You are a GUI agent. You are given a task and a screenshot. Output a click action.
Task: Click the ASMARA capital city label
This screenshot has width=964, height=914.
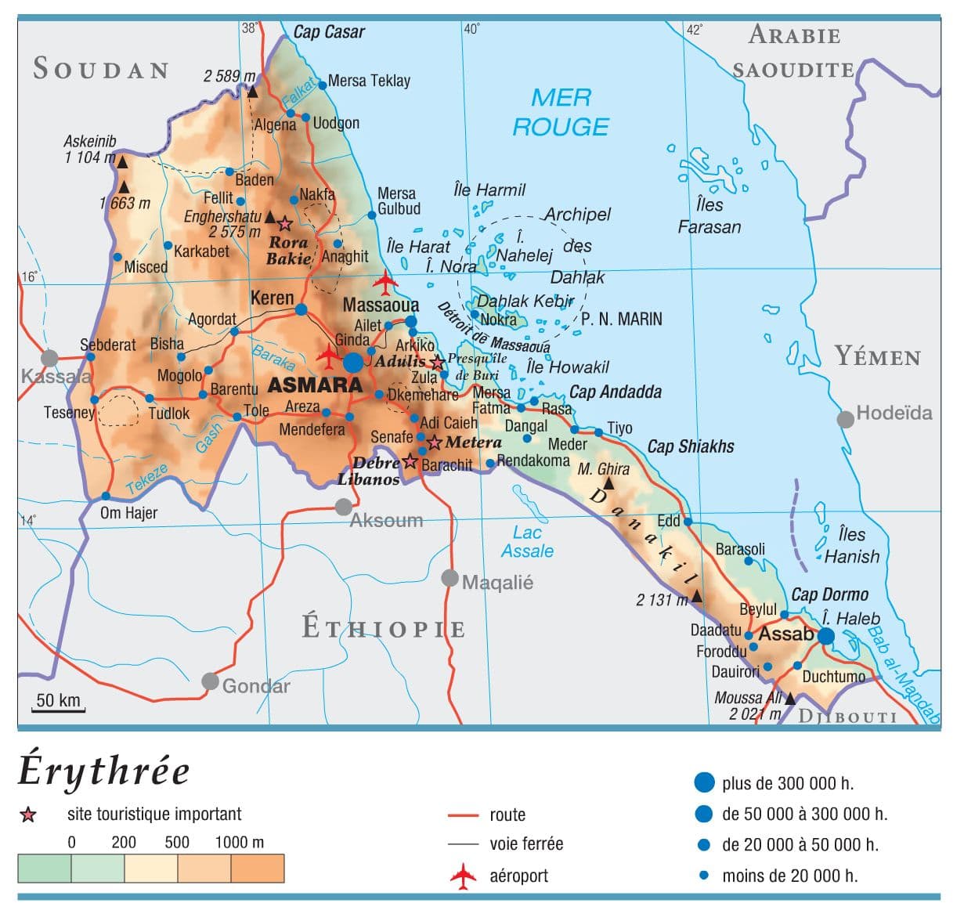tap(315, 385)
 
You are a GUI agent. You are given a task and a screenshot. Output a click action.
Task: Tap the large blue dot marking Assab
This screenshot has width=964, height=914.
tap(826, 636)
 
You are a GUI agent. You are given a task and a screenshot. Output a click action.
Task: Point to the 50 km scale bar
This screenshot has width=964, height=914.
tap(59, 703)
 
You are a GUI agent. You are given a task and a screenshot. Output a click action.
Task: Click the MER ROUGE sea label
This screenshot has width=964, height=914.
tap(561, 112)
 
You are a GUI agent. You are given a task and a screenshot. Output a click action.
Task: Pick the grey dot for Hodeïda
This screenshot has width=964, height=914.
tap(845, 419)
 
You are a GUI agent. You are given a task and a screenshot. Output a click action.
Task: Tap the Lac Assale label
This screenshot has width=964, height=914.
tap(527, 542)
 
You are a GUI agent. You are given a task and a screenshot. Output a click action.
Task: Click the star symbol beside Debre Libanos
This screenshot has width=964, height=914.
tap(410, 461)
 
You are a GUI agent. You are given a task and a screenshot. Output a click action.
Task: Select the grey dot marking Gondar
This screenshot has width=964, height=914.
tap(210, 681)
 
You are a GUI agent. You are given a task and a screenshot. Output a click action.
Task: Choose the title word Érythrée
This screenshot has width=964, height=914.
tap(104, 771)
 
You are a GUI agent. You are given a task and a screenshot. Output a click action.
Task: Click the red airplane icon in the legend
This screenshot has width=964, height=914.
tap(463, 876)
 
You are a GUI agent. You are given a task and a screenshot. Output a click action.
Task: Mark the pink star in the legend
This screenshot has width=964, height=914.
tap(28, 815)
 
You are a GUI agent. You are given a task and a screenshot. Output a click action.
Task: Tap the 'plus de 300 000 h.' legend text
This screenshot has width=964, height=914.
tap(788, 783)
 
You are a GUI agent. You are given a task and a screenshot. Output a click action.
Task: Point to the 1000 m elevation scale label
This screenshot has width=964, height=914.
tap(239, 843)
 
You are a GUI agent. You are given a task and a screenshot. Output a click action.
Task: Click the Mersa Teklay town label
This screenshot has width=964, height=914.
tap(369, 81)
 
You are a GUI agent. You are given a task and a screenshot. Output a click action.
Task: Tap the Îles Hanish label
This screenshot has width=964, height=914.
tap(851, 546)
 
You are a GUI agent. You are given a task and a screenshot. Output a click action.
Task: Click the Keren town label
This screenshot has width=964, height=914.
tap(272, 298)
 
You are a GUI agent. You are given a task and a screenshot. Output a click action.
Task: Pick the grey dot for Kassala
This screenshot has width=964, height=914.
tap(49, 358)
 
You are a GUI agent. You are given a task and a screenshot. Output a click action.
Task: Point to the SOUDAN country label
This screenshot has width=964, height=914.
tap(101, 69)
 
